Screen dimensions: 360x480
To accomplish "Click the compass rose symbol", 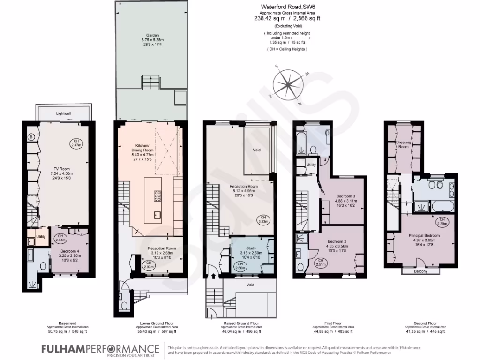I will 291,85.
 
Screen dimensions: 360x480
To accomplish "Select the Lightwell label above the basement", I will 63,113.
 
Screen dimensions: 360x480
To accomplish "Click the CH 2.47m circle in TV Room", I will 75,143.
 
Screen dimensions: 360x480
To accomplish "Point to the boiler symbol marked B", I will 31,137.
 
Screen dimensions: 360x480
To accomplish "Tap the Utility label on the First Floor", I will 311,165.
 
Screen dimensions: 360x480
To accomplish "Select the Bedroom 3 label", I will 345,196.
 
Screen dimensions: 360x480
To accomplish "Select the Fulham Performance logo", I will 100,350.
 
